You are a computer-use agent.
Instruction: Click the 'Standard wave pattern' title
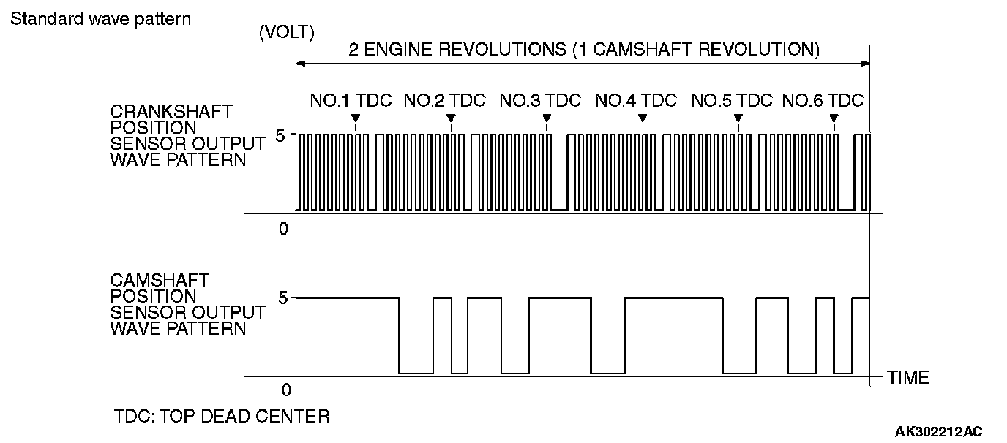[100, 18]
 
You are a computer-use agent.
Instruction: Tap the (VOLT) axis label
[286, 33]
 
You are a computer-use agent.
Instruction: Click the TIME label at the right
[907, 378]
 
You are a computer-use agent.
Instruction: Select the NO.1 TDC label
[351, 101]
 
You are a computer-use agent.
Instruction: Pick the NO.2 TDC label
[445, 101]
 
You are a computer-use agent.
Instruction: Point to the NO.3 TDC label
[540, 101]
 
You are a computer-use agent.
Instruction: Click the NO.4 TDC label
[636, 101]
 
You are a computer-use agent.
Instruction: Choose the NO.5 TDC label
[732, 101]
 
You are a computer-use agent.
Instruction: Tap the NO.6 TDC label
[823, 101]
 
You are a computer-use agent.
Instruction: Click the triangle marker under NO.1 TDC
[355, 118]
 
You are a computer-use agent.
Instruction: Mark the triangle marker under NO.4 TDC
[642, 118]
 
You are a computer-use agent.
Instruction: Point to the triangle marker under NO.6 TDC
[834, 118]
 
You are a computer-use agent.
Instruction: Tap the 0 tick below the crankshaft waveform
[284, 229]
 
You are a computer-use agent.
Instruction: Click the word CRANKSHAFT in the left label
[171, 112]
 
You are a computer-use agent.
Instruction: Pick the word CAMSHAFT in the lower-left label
[160, 280]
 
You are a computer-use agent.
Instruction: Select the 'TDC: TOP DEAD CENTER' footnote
[222, 417]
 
